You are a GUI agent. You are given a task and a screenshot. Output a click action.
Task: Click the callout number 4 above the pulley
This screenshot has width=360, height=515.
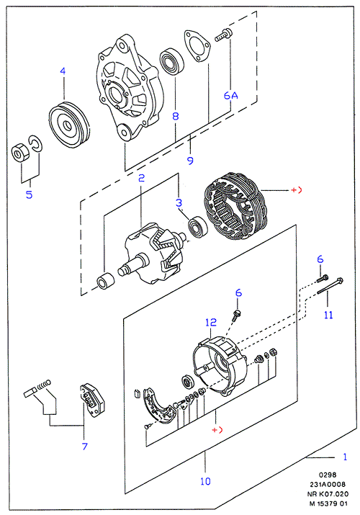pos(63,71)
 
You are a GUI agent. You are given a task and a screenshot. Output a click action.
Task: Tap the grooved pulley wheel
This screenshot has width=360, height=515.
pos(69,125)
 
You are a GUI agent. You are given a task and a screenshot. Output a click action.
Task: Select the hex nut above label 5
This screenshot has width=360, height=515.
pos(19,153)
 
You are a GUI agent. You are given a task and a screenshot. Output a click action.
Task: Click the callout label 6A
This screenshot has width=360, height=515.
pos(230,96)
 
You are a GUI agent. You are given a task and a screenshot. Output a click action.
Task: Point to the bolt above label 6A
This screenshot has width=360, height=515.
pos(223,35)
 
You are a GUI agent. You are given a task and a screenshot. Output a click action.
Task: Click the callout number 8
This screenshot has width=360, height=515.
pos(176,116)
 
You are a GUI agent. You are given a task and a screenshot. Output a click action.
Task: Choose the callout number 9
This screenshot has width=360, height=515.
pos(190,161)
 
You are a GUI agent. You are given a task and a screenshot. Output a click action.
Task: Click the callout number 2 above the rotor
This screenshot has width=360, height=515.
pos(141,178)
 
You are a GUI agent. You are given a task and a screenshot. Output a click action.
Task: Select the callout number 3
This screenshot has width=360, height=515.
pos(179,202)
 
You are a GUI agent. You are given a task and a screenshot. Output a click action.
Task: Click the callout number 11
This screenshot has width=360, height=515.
pos(328,315)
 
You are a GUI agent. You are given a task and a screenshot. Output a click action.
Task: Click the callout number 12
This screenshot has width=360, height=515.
pos(211,322)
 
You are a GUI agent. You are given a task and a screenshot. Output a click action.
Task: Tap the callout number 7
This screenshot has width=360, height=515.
pos(85,447)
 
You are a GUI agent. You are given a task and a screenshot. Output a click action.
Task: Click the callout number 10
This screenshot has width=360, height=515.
pos(205,481)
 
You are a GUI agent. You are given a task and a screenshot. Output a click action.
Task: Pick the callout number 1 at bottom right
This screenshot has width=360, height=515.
pos(345,457)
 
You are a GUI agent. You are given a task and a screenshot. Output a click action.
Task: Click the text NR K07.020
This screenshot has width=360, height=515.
pos(328,494)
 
